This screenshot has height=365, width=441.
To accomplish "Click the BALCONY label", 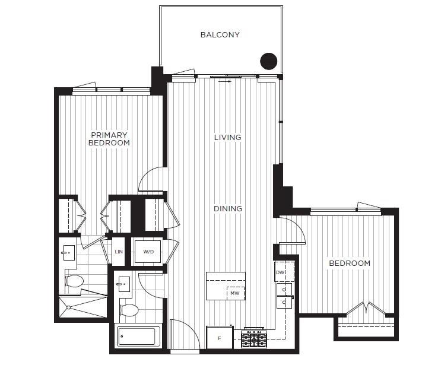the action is [x=220, y=35].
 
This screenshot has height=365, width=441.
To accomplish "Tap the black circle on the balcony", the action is [x=269, y=61].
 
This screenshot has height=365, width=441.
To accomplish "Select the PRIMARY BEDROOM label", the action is [x=109, y=139].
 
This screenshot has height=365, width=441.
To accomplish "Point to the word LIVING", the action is [x=228, y=138].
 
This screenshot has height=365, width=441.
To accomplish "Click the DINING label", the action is [x=228, y=209].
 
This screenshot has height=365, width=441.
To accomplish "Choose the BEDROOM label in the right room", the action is [x=350, y=264].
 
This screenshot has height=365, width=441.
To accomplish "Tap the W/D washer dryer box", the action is [x=148, y=252].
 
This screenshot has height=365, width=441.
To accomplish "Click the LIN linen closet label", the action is [x=119, y=252].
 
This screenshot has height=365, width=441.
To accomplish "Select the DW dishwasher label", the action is [x=280, y=272].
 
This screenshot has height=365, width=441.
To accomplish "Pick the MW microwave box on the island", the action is [x=236, y=293].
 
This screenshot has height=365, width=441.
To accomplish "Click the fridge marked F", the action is [x=220, y=338].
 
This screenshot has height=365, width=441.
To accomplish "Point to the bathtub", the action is [x=136, y=337].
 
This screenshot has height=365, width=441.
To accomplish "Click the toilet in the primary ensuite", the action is [x=74, y=281].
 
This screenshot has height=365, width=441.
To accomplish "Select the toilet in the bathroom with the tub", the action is [x=129, y=310].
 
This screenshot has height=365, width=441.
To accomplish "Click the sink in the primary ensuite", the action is [x=69, y=253].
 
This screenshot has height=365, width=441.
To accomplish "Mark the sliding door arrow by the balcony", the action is [x=225, y=81].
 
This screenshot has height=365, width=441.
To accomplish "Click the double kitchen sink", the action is [x=284, y=296].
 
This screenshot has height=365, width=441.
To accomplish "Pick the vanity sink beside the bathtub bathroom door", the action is [x=123, y=284].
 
